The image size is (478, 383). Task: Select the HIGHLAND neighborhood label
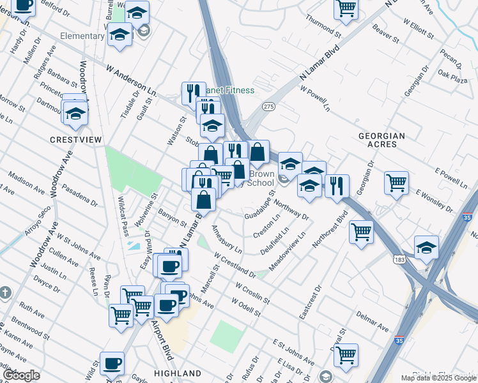click(x=178, y=373)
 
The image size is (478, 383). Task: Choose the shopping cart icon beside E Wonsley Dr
click(x=396, y=183)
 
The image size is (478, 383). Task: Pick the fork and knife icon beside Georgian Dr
click(x=337, y=186)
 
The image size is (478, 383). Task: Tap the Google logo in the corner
click(x=21, y=375)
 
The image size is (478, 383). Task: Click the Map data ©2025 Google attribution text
click(x=438, y=378)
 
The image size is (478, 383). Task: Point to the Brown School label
click(x=261, y=178)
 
